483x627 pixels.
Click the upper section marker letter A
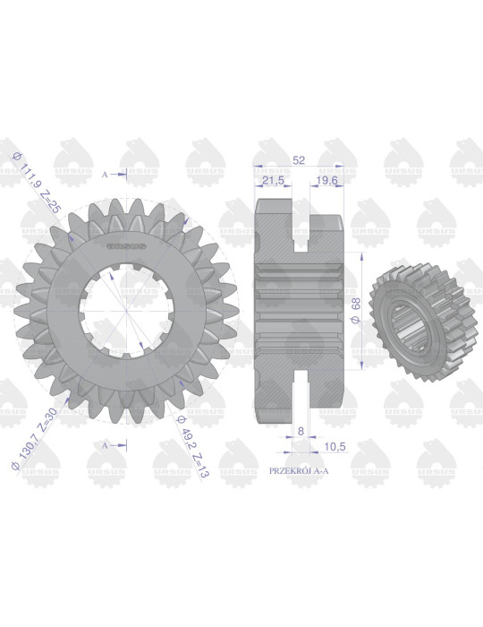[106, 173]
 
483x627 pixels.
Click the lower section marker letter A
[106, 443]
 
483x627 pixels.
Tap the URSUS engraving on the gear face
[126, 244]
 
